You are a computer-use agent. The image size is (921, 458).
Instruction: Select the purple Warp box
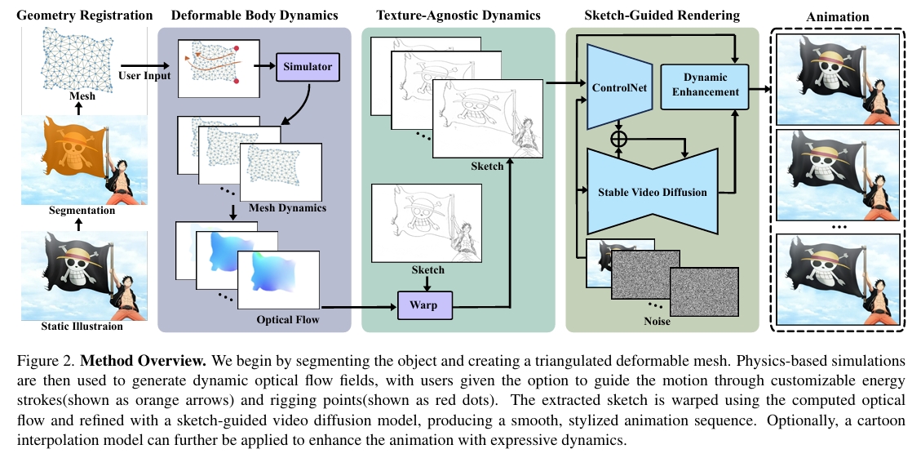point(423,305)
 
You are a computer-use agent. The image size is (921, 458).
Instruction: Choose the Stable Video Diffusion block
point(652,193)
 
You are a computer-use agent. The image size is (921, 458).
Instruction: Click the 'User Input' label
point(144,76)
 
